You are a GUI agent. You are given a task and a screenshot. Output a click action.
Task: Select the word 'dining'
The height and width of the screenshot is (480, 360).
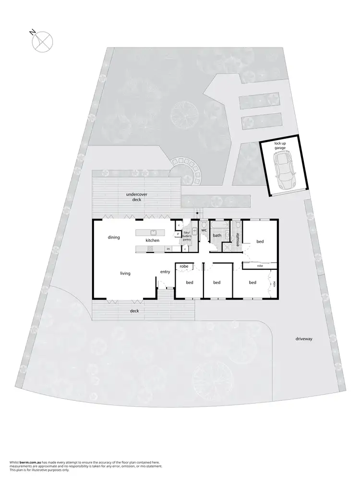tap(114, 237)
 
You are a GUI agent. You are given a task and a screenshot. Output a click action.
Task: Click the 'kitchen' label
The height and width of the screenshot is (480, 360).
tap(153, 240)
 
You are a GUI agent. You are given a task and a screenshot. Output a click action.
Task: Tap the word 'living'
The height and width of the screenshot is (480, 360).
tap(125, 273)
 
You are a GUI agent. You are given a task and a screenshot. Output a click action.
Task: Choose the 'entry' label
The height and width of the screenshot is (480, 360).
tap(165, 272)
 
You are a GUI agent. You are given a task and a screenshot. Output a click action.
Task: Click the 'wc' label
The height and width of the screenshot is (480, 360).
tap(204, 230)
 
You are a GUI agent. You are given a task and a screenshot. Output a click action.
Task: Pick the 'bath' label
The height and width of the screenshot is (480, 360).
tap(217, 235)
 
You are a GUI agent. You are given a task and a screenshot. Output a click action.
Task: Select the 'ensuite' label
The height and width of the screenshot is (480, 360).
tap(238, 239)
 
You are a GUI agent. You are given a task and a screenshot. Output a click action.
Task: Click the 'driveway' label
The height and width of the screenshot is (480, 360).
tap(304, 339)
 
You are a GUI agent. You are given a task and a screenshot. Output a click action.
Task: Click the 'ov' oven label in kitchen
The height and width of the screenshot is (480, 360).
tap(168, 249)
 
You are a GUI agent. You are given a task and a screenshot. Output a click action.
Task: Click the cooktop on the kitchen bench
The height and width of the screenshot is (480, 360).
tap(150, 249)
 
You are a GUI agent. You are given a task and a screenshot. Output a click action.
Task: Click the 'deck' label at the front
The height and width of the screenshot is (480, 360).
tap(134, 311)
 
